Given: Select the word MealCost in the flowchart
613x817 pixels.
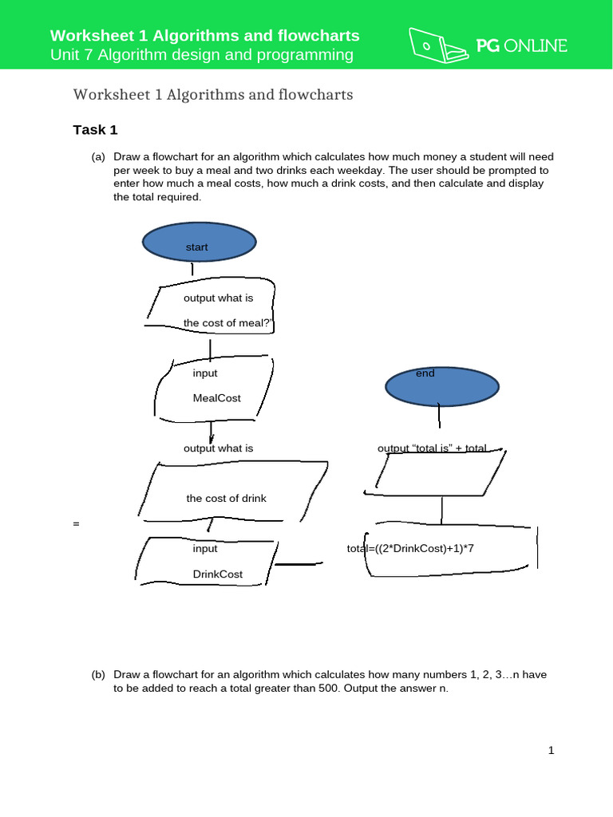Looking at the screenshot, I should pos(216,398).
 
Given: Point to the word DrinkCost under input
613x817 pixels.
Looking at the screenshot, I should pos(217,574).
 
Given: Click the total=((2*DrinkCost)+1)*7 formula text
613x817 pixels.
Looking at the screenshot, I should pos(416,549).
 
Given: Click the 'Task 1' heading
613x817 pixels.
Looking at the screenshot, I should pos(95,130).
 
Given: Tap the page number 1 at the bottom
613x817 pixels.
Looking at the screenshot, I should pos(551,751).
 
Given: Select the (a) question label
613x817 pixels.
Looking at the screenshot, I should pos(98,158).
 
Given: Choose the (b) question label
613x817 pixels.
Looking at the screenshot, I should pos(98,675).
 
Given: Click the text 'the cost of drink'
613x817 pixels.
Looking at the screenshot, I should pos(226,499).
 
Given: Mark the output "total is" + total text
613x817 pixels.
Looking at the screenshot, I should pos(432,449).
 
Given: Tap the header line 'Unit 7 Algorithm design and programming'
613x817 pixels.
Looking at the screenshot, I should pos(201,55).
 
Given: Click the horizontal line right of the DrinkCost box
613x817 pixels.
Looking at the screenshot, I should pos(300,564).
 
